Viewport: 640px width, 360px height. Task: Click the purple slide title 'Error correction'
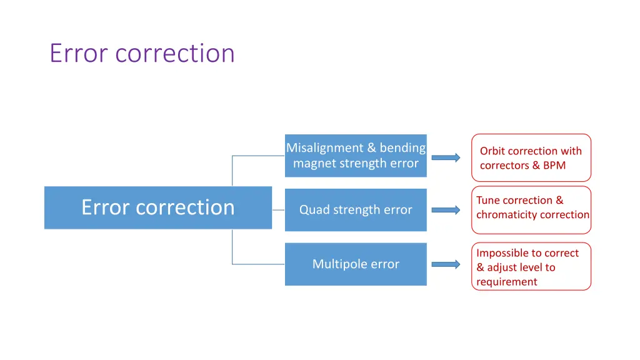(x=142, y=53)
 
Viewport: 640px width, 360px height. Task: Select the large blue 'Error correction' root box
(x=157, y=207)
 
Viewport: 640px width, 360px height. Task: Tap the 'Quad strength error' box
(x=356, y=210)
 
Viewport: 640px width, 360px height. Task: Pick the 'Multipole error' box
(x=356, y=264)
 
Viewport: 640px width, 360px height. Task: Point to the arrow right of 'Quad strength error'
(x=446, y=210)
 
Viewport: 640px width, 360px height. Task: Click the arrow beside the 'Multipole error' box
(x=446, y=264)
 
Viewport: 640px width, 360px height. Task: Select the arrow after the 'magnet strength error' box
(x=446, y=157)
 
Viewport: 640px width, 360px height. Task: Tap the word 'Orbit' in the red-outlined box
(x=492, y=151)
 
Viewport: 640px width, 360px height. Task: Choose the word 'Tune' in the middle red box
(x=487, y=201)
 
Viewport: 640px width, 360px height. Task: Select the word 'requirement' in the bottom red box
(x=506, y=282)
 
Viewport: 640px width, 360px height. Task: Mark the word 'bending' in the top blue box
(x=402, y=148)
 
